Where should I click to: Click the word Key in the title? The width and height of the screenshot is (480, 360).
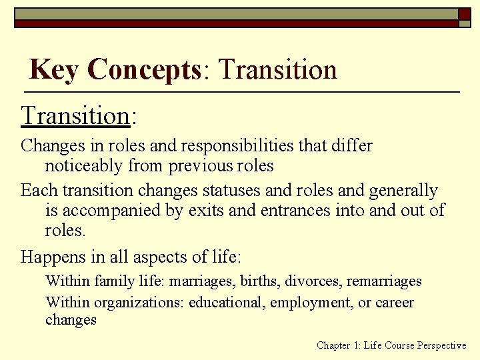point(55,69)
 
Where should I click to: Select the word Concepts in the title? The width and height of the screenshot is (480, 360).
point(144,69)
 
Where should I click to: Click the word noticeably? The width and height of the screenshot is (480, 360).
point(86,166)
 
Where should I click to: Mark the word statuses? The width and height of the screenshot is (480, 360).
point(221,191)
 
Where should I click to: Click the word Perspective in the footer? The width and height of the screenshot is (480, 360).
point(441,345)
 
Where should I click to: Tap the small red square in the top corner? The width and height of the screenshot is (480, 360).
point(465,13)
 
